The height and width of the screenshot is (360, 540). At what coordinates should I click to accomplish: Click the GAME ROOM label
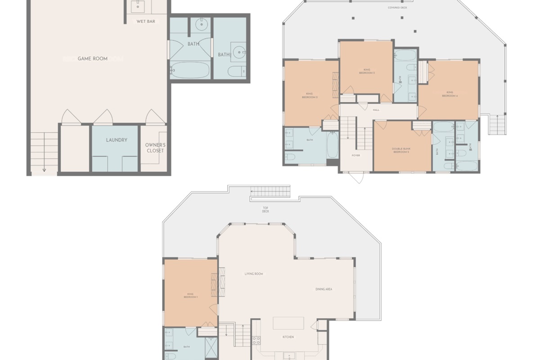pyautogui.click(x=93, y=58)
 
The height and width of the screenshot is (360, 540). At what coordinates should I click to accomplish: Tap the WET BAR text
pyautogui.click(x=145, y=21)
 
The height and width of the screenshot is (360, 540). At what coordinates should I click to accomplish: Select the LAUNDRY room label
pyautogui.click(x=117, y=140)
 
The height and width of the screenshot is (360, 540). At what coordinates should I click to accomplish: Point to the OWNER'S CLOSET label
pyautogui.click(x=155, y=148)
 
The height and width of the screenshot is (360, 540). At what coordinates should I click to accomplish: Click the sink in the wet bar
pyautogui.click(x=137, y=6)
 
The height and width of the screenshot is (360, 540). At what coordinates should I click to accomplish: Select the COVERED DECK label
pyautogui.click(x=397, y=8)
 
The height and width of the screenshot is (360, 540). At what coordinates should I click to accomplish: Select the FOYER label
pyautogui.click(x=355, y=155)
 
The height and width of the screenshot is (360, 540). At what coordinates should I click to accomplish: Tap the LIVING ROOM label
pyautogui.click(x=253, y=274)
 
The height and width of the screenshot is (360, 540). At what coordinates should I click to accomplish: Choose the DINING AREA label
pyautogui.click(x=324, y=289)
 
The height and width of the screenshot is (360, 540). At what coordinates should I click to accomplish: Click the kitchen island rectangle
pyautogui.click(x=288, y=324)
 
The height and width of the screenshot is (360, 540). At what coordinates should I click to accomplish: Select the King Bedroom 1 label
pyautogui.click(x=190, y=296)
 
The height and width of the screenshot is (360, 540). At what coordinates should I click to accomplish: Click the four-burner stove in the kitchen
pyautogui.click(x=256, y=341)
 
